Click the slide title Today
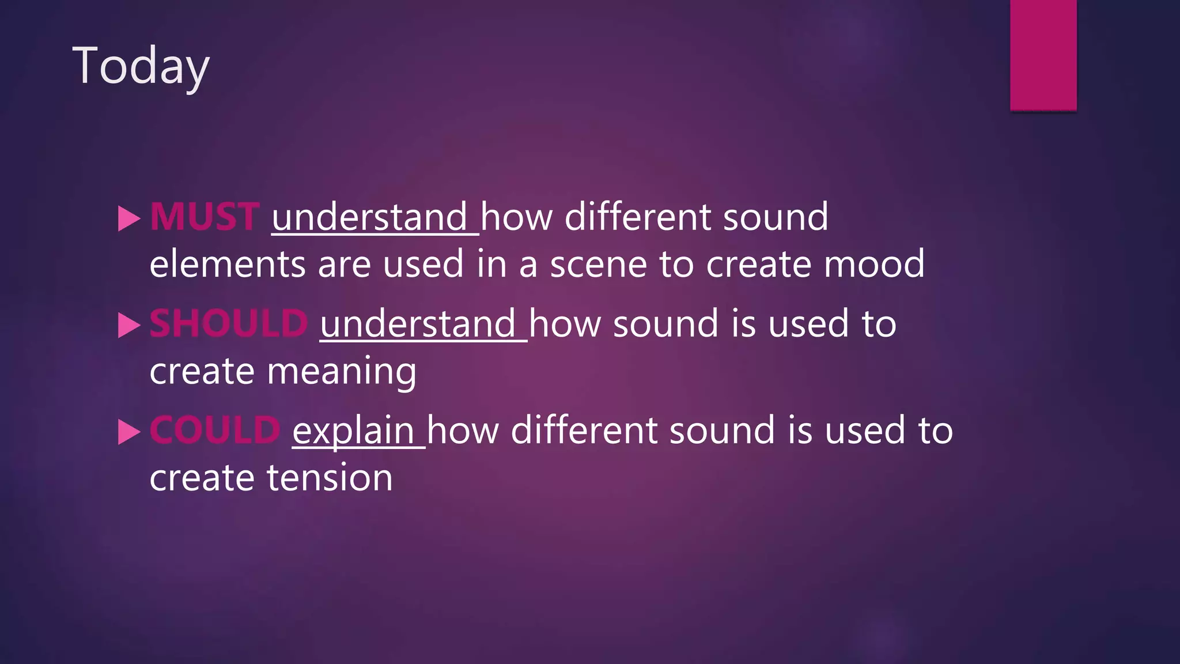click(141, 67)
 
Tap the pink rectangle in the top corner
click(1043, 55)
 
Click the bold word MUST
click(205, 217)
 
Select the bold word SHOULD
click(229, 323)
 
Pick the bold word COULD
click(215, 430)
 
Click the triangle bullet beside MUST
click(129, 219)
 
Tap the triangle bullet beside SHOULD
click(129, 326)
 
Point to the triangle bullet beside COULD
click(129, 432)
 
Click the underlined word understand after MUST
click(369, 217)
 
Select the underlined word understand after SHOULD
click(418, 324)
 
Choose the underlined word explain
click(353, 431)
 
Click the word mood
click(873, 265)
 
